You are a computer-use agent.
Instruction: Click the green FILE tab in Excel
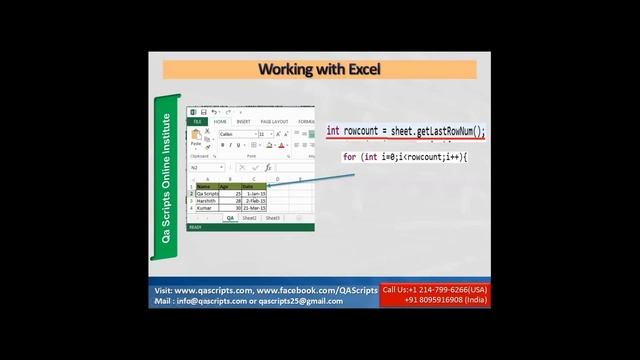pos(198,122)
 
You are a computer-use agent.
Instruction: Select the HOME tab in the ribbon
pos(220,122)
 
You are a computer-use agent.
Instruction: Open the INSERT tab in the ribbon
pos(243,122)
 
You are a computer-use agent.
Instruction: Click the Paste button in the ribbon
pos(197,139)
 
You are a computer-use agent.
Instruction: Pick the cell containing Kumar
pos(206,207)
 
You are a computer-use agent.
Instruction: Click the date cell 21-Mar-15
pos(254,207)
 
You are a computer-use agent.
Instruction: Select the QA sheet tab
pos(230,217)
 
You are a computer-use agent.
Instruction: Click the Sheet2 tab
pos(249,217)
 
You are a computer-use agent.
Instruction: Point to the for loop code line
pos(405,157)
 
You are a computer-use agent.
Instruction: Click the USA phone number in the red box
pos(435,290)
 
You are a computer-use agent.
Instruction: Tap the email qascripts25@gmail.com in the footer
pos(301,301)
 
